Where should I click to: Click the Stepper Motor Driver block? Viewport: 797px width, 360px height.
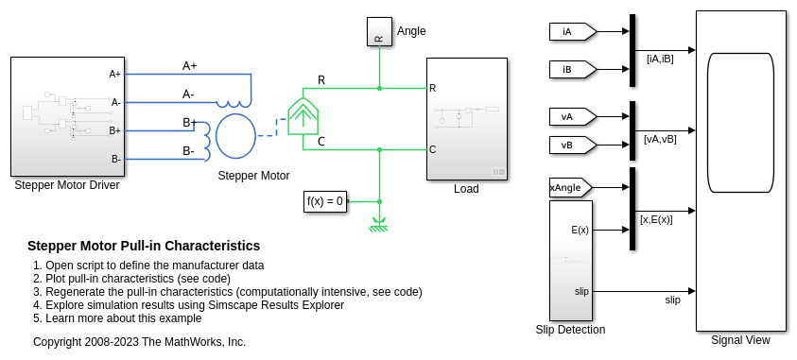(x=68, y=116)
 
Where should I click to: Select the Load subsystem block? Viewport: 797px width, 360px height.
(x=467, y=119)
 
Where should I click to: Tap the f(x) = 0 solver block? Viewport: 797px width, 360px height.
(x=325, y=201)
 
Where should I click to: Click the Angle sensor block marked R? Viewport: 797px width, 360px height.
(x=379, y=31)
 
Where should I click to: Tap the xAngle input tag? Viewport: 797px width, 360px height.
(x=570, y=187)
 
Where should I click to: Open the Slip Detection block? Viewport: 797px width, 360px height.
(x=571, y=261)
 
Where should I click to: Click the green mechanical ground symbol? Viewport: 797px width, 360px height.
(x=379, y=225)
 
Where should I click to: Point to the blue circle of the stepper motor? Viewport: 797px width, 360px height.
(x=235, y=136)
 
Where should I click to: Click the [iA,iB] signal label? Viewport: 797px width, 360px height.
(x=660, y=59)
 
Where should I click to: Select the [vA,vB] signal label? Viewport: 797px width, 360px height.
(x=660, y=139)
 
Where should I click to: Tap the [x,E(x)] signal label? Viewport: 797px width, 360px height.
(x=656, y=220)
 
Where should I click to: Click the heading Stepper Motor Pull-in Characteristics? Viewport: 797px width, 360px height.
(x=144, y=246)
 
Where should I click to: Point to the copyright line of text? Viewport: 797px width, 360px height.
(x=139, y=342)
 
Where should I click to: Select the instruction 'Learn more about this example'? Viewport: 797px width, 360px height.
(x=124, y=318)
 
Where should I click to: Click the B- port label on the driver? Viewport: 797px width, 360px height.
(x=116, y=159)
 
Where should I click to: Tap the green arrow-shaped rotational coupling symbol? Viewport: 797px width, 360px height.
(x=303, y=117)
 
